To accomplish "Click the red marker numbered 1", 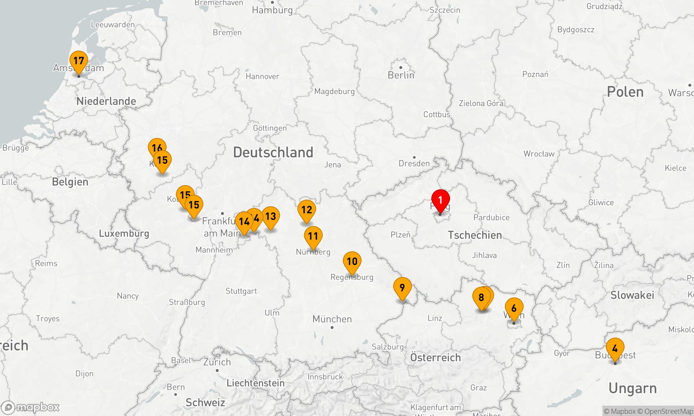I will click(x=440, y=200).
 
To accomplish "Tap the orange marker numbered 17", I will click(x=79, y=61).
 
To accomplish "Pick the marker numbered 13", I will click(x=271, y=217).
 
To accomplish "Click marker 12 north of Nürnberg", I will click(x=307, y=210).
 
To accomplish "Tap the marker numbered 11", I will click(x=313, y=236).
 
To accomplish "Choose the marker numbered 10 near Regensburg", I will click(x=352, y=261).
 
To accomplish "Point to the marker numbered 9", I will click(x=402, y=287).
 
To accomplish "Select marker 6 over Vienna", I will click(x=514, y=308).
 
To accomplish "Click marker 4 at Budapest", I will click(x=615, y=348).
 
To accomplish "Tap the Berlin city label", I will click(x=401, y=75).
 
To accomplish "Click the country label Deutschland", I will click(x=273, y=153).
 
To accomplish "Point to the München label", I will click(x=332, y=319).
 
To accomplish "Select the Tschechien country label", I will click(x=475, y=235).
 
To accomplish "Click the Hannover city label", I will click(x=262, y=76).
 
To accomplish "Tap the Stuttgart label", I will click(x=241, y=291).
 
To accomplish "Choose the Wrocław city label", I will click(x=539, y=154).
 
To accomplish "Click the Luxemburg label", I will click(x=124, y=233).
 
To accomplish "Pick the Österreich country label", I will click(x=435, y=357).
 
